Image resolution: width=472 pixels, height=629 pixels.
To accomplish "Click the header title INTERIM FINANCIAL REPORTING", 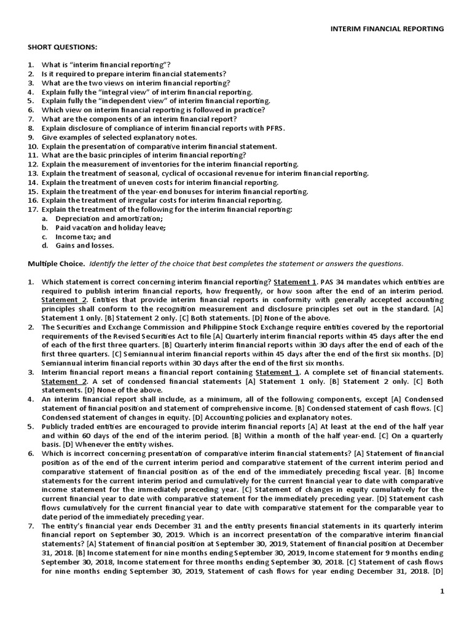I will tap(387, 28).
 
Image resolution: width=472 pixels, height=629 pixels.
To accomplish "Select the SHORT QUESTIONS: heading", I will tap(62, 47).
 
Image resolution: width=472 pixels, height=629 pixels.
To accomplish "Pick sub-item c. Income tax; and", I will tap(76, 236).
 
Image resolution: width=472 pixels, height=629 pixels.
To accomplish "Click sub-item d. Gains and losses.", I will tap(78, 245).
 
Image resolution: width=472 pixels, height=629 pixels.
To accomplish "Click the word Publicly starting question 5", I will tap(57, 427).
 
